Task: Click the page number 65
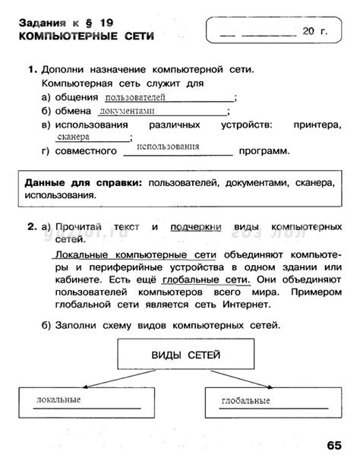[x=336, y=445]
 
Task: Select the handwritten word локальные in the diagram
[x=58, y=399]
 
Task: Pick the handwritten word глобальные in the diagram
[x=246, y=400]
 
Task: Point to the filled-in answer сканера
[x=73, y=137]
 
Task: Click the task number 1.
[x=32, y=71]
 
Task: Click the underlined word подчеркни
[x=196, y=227]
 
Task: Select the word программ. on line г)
[x=264, y=152]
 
